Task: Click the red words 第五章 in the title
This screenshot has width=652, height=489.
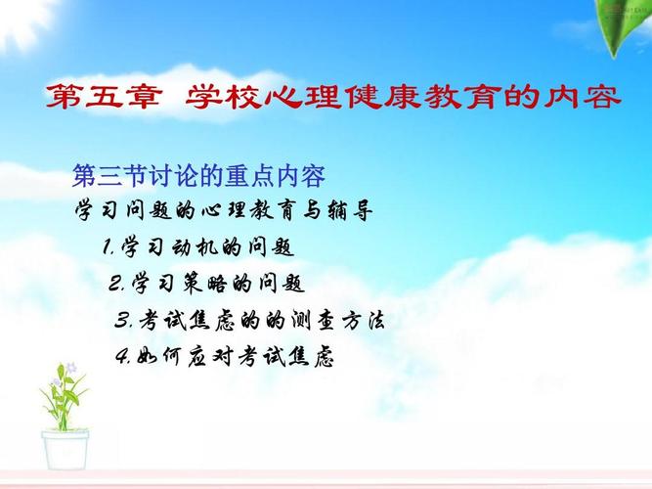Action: point(104,97)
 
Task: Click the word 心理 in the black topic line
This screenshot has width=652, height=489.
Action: point(223,210)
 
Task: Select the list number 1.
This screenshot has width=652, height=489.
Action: point(108,248)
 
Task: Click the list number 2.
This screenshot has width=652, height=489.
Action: point(115,284)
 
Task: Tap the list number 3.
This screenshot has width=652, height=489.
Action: point(122,320)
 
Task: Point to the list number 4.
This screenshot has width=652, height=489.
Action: point(123,356)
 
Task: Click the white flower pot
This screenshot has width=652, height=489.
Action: point(65,450)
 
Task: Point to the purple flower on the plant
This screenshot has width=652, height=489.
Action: point(71,368)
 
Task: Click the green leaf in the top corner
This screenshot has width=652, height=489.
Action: point(623,25)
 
